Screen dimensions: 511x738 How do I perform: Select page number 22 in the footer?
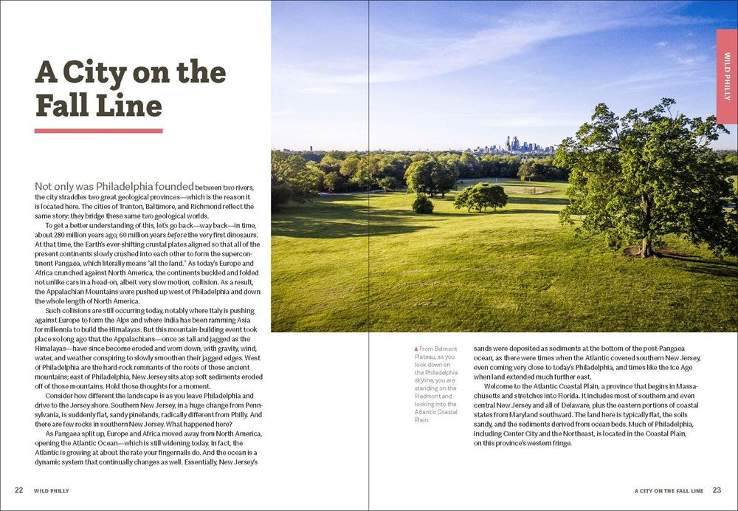click(19, 490)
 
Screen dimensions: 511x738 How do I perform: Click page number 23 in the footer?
click(717, 490)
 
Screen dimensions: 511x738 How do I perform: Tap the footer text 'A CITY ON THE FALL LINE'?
click(669, 490)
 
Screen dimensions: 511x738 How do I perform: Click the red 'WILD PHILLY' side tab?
click(727, 77)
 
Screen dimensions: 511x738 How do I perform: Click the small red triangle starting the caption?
click(415, 349)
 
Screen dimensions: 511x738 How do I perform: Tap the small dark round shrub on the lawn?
click(423, 205)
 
